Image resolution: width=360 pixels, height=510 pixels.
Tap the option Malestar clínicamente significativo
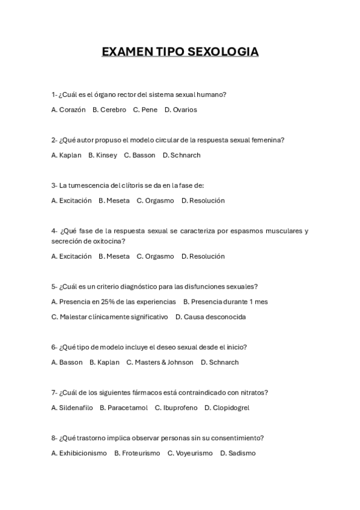click(110, 317)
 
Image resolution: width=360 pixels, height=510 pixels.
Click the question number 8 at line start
click(53, 438)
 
